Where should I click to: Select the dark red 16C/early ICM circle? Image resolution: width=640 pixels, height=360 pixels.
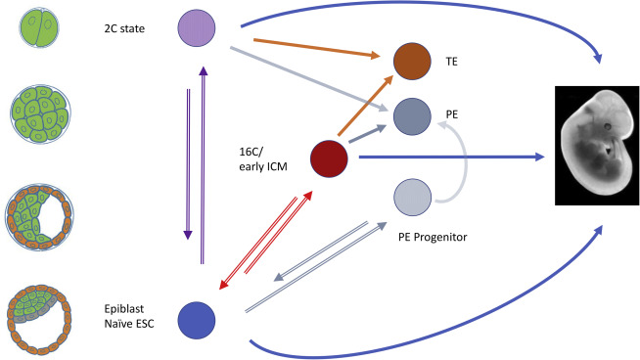coord(330,157)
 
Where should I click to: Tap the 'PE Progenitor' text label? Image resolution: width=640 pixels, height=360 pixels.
coord(434,237)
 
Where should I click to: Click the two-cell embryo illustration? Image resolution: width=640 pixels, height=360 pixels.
coord(37,25)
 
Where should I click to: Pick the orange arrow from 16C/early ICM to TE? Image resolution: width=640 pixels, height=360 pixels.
coord(359,110)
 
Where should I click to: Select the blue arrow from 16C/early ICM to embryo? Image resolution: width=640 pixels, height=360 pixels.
coord(450,157)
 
